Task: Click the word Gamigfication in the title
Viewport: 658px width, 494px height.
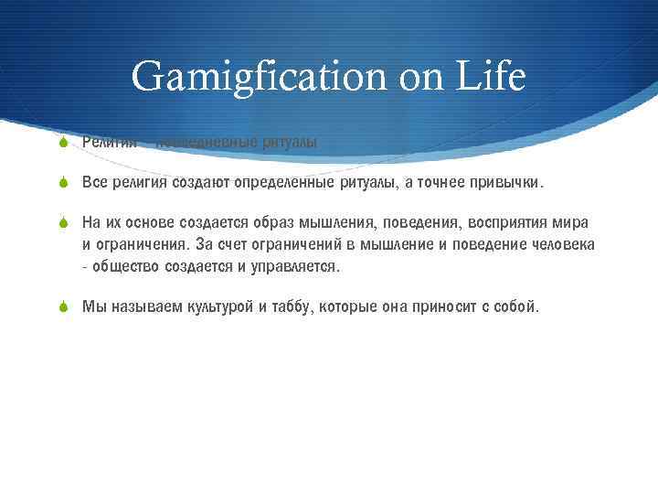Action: [249, 77]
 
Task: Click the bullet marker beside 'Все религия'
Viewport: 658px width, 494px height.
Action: [62, 183]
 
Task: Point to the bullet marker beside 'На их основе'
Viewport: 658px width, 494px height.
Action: [62, 223]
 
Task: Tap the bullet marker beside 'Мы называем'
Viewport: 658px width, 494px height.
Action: [62, 307]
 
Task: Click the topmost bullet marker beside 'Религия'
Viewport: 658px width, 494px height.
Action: [62, 142]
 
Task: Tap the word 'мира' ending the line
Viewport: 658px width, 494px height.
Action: [571, 223]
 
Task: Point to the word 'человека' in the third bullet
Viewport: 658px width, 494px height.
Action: [564, 245]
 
